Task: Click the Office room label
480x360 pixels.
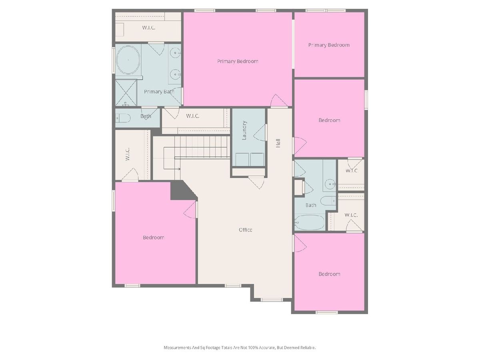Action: (x=245, y=230)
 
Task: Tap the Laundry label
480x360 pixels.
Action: (x=244, y=130)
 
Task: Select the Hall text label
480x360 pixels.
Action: (x=278, y=143)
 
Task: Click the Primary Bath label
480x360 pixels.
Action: (x=159, y=92)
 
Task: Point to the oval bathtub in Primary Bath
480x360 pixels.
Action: (x=128, y=60)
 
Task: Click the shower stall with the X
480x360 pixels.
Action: (x=126, y=93)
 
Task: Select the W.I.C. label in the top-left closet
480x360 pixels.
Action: (x=149, y=28)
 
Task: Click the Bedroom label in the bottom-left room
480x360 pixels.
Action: (x=154, y=237)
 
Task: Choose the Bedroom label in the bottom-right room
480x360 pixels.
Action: (x=329, y=274)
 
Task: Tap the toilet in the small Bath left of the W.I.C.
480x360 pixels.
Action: (x=123, y=118)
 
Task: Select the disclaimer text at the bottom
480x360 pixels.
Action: (x=240, y=348)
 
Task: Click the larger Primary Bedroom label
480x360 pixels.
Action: (x=238, y=62)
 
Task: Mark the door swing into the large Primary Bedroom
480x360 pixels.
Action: (x=278, y=101)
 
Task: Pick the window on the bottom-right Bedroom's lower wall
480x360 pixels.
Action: (x=327, y=312)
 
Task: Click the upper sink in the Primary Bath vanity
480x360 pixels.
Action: (x=175, y=53)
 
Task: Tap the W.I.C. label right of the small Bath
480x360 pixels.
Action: (x=193, y=116)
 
